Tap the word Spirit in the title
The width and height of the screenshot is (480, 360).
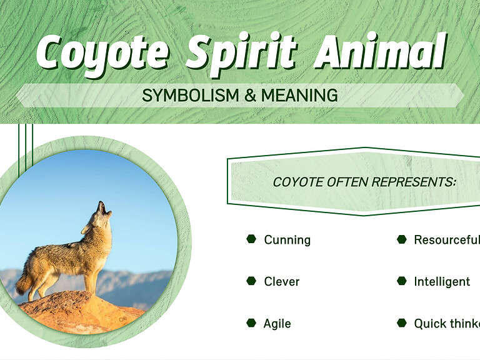(240, 54)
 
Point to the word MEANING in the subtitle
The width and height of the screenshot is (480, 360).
(299, 96)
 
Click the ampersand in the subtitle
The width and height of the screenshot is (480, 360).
(249, 96)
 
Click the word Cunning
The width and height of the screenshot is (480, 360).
(287, 240)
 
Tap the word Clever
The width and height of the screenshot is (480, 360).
(281, 282)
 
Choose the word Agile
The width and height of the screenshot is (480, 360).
(277, 324)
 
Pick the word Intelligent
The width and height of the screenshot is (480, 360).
(442, 282)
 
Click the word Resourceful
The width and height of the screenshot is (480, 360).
(446, 240)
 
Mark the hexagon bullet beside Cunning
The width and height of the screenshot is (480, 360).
(251, 239)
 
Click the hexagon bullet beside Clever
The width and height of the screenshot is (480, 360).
(251, 281)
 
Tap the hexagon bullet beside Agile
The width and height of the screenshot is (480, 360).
(251, 323)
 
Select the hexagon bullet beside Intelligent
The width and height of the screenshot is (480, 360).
(402, 281)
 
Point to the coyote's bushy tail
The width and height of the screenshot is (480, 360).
(24, 285)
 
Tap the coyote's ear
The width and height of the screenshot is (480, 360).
(86, 229)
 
